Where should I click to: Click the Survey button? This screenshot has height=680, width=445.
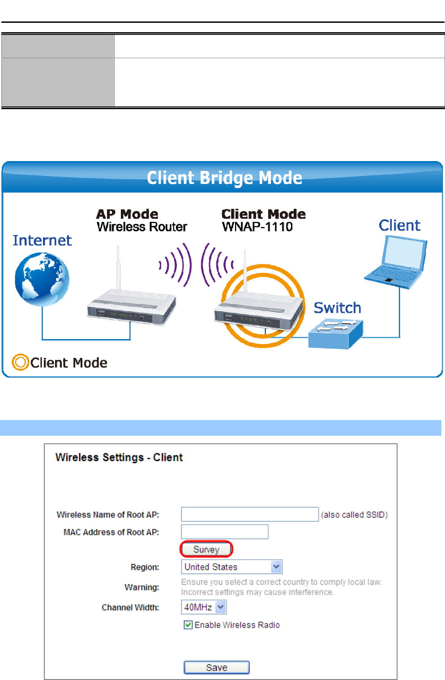[x=206, y=549]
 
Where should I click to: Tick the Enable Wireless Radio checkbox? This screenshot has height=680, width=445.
[x=188, y=625]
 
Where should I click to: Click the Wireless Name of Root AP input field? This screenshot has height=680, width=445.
[x=249, y=514]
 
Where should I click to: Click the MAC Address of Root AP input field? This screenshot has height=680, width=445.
[x=224, y=532]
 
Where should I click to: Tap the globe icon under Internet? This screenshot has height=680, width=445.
[x=42, y=279]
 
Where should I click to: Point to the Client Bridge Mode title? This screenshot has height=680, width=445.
[x=224, y=178]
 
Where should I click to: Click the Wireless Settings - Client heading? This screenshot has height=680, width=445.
[x=119, y=457]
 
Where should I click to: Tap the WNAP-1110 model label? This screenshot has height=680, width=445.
[x=257, y=227]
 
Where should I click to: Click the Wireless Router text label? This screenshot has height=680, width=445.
[x=141, y=227]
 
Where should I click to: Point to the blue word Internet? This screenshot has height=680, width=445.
[x=42, y=241]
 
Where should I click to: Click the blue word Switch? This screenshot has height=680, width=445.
[x=337, y=308]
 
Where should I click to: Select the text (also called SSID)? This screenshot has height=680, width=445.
[x=354, y=515]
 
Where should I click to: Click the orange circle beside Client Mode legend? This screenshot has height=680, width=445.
[x=20, y=362]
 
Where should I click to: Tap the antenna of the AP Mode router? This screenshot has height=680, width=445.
[x=118, y=267]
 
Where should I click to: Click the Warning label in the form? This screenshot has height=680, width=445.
[x=141, y=587]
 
